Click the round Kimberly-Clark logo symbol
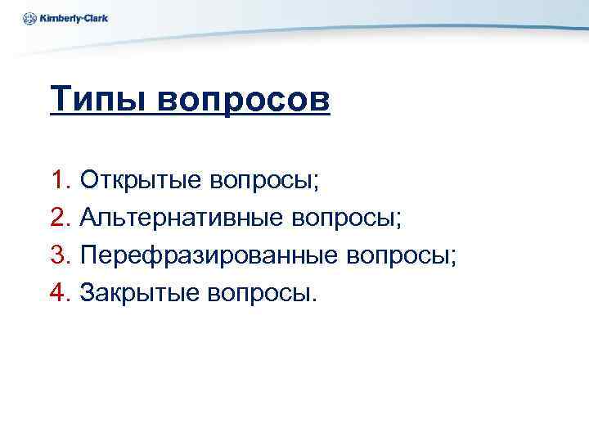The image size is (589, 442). click(30, 17)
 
